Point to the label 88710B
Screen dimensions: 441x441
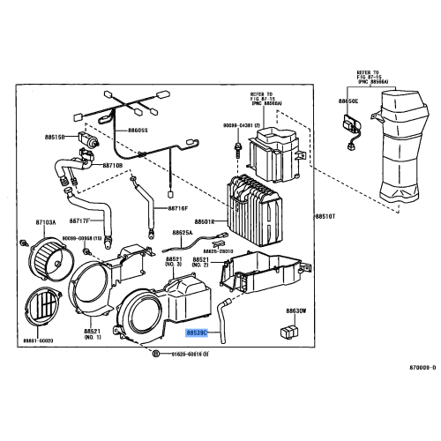111,165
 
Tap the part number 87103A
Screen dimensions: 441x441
46,223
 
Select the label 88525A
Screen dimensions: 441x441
183,234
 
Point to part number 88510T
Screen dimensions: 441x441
326,215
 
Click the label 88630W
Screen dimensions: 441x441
295,311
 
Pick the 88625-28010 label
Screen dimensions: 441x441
222,251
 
